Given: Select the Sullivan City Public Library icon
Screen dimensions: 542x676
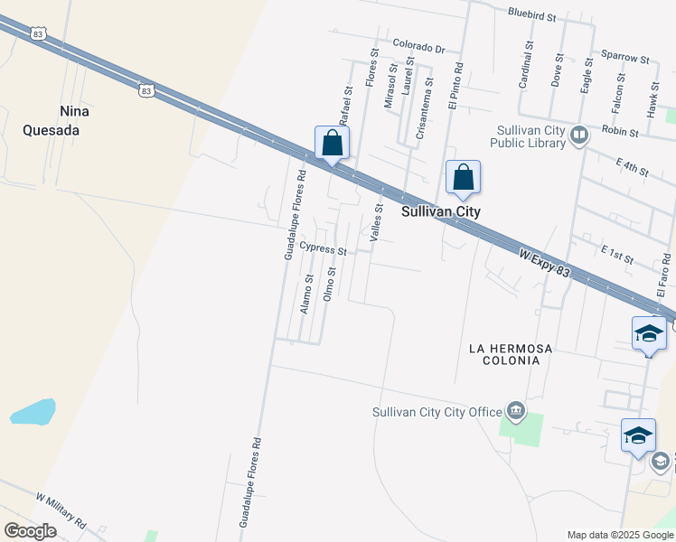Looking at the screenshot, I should (x=579, y=135).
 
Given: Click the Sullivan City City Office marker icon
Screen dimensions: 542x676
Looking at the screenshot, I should (x=516, y=412).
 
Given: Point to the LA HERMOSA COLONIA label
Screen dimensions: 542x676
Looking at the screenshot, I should (x=504, y=354).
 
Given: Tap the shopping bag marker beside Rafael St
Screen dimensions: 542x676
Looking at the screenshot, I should (x=332, y=144).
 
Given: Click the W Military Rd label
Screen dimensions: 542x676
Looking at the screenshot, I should (x=61, y=510).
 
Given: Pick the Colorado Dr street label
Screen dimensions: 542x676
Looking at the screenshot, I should (x=419, y=46).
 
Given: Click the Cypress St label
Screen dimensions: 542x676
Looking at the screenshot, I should (x=323, y=248).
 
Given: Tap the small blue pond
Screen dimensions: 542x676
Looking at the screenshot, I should (x=33, y=412).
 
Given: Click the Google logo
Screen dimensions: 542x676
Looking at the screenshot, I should (x=29, y=531).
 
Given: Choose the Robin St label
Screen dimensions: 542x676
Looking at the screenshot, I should (x=620, y=131).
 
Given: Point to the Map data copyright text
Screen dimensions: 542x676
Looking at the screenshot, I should (x=620, y=535).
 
